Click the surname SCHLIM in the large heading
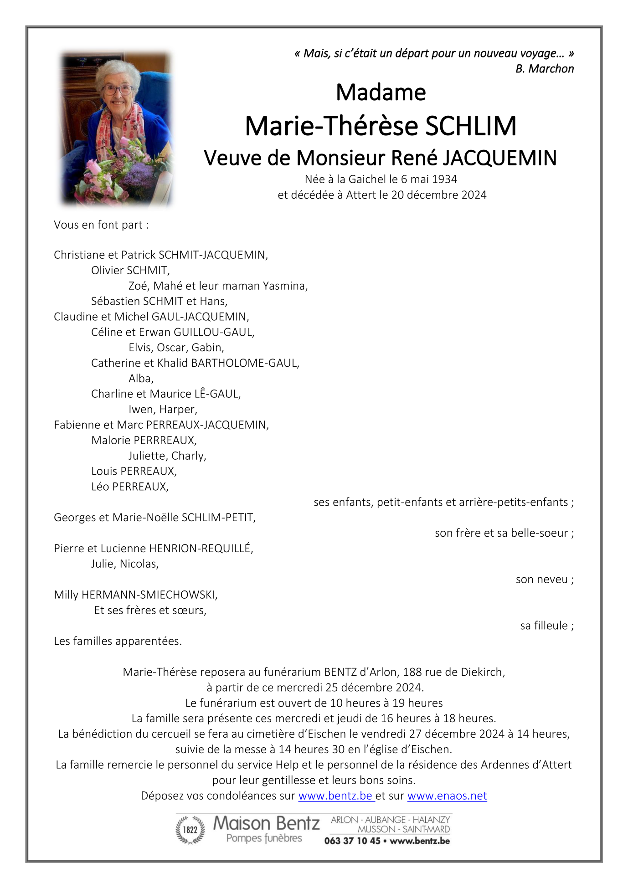click(x=471, y=126)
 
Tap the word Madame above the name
click(x=381, y=92)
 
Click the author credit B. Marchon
click(x=545, y=69)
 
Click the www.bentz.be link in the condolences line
click(x=335, y=796)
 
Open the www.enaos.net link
click(x=447, y=796)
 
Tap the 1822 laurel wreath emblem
click(x=190, y=830)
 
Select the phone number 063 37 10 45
click(x=352, y=841)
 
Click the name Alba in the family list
click(x=141, y=379)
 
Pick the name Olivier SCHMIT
click(x=130, y=271)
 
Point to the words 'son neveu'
click(x=544, y=580)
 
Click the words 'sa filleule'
click(x=546, y=626)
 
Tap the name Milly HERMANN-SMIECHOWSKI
click(x=135, y=595)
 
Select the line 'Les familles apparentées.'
click(x=118, y=642)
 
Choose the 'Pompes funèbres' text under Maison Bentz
click(x=264, y=838)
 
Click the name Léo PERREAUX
click(x=130, y=487)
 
